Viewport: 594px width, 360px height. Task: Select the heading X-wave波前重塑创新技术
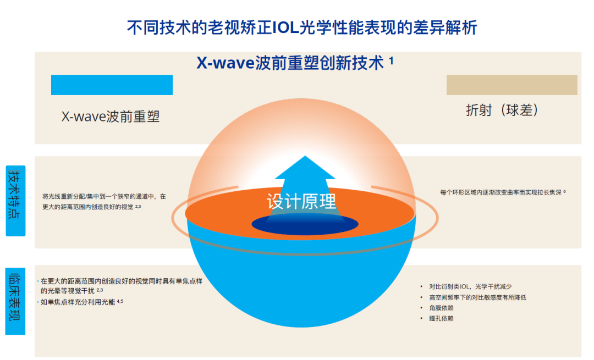290,63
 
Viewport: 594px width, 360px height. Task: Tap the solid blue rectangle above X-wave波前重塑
112,85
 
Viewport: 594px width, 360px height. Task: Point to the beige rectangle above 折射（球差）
512,85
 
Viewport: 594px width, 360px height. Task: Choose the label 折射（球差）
502,110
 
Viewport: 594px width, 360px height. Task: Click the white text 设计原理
301,201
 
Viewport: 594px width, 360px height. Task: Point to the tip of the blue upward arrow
301,158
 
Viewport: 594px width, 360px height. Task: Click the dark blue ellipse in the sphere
305,224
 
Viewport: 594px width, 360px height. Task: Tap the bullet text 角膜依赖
442,308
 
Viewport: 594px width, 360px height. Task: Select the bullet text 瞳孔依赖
442,318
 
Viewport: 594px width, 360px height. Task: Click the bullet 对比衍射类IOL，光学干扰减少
470,286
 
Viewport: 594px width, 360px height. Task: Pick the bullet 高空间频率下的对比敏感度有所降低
477,297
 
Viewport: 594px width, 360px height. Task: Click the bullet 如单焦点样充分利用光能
78,302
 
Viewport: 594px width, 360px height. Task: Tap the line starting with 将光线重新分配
104,196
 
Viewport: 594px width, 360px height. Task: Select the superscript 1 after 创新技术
391,61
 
